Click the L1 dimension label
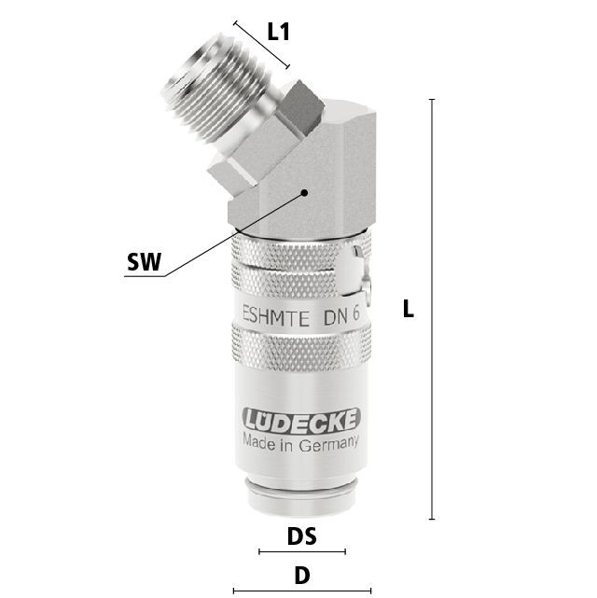[278, 32]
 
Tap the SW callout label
[144, 262]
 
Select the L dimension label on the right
[408, 309]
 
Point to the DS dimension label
[302, 535]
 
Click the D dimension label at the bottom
[302, 576]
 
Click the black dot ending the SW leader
[304, 192]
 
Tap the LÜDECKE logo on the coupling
[301, 420]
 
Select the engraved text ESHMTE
[276, 317]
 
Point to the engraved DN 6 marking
[341, 315]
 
